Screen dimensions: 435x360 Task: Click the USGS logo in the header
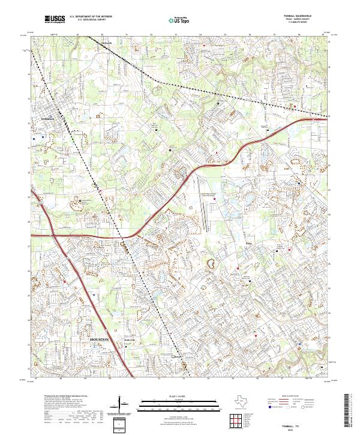[54, 20]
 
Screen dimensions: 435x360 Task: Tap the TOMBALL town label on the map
[47, 119]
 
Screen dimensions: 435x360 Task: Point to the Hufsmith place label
[107, 43]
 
